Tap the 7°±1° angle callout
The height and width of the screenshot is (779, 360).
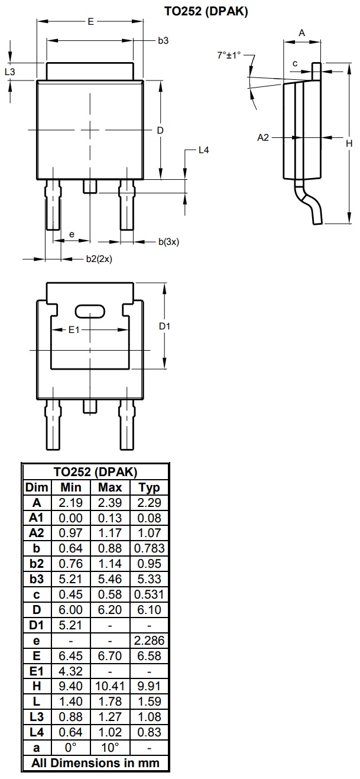pos(229,55)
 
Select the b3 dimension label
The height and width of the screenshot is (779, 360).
pos(163,41)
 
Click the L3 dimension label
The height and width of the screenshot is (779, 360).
pos(9,72)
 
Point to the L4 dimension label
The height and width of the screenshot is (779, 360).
pos(203,150)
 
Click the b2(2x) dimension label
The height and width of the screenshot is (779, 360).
pos(99,259)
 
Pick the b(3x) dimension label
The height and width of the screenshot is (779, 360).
pos(168,241)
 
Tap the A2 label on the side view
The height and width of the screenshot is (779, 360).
pos(264,137)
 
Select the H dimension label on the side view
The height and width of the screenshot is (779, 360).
pos(349,143)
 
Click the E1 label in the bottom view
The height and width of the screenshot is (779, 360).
pos(74,329)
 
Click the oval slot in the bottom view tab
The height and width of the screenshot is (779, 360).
pos(89,311)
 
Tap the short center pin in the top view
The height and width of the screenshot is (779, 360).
pos(90,186)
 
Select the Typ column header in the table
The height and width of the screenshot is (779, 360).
pos(149,487)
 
